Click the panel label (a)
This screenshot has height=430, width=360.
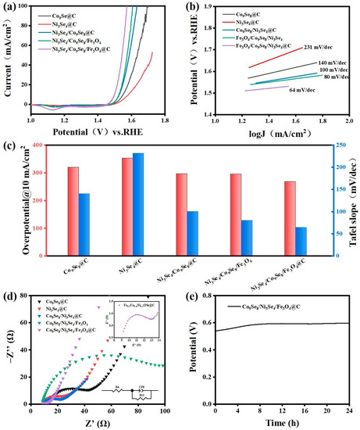8,6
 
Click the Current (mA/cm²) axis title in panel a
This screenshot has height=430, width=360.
8,56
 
